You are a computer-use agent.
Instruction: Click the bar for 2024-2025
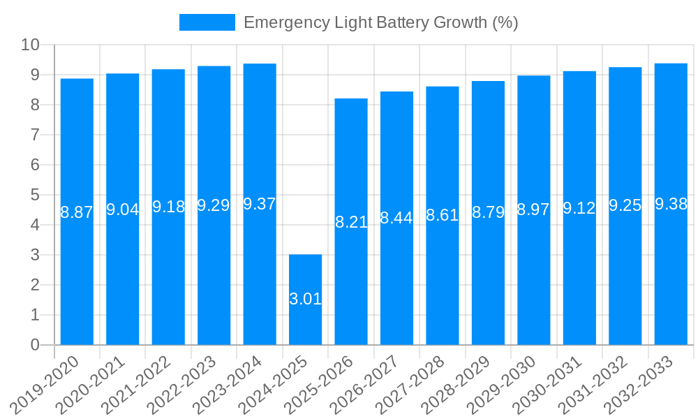[x=305, y=300]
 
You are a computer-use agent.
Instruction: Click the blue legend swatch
[x=207, y=22]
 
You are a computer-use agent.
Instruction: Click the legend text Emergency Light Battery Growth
[x=380, y=22]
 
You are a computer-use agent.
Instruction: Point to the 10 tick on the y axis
[x=30, y=45]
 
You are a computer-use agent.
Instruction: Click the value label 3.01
[x=305, y=300]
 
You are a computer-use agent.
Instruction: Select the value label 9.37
[x=260, y=205]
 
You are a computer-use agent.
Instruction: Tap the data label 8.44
[x=396, y=218]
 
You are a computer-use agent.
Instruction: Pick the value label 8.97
[x=533, y=210]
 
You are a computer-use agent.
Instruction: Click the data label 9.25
[x=625, y=206]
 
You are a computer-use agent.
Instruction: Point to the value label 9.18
[x=168, y=207]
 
